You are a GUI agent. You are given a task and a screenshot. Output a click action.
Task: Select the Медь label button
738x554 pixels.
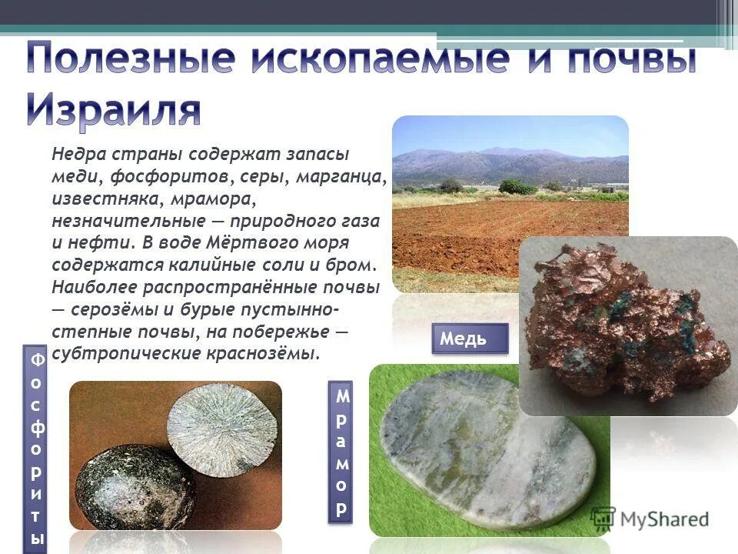pos(470,339)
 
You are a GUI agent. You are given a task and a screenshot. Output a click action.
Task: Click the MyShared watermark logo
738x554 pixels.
pos(650,519)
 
